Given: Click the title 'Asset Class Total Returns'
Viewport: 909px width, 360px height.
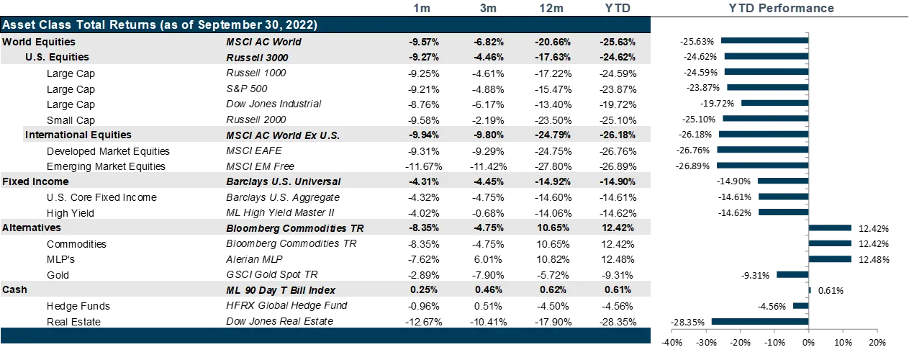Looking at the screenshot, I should [x=160, y=24].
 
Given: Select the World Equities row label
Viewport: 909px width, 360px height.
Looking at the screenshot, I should [x=38, y=42].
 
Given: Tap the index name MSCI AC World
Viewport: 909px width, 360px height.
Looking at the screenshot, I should [x=263, y=42].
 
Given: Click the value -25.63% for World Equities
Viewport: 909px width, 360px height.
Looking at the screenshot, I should [x=617, y=42].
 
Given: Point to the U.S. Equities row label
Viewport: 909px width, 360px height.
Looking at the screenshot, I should [x=57, y=57].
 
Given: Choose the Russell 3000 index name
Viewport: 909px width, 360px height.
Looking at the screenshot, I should [x=257, y=58].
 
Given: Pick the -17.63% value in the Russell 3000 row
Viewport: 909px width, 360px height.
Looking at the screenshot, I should [x=553, y=58].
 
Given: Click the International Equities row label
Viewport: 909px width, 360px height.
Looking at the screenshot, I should [x=78, y=135].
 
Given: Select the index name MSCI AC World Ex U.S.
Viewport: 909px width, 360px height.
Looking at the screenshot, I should [x=282, y=135].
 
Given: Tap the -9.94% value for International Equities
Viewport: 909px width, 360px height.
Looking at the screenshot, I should [x=423, y=135].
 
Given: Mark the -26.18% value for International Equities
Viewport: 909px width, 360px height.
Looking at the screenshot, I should [x=617, y=135].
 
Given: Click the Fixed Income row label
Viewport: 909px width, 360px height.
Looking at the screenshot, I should [x=35, y=181].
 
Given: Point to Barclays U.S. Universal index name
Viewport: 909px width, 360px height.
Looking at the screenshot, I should [x=283, y=181].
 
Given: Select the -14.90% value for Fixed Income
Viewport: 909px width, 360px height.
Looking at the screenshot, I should [x=617, y=181].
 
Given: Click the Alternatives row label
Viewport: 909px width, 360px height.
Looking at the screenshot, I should [x=32, y=228].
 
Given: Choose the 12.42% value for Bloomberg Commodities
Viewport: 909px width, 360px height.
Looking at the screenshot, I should [x=617, y=228].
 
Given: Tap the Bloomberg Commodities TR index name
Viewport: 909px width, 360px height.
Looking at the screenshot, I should [x=294, y=228].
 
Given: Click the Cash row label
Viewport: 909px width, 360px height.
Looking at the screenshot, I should [x=14, y=289].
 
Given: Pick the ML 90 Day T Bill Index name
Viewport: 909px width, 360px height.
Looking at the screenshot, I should [x=281, y=290].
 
